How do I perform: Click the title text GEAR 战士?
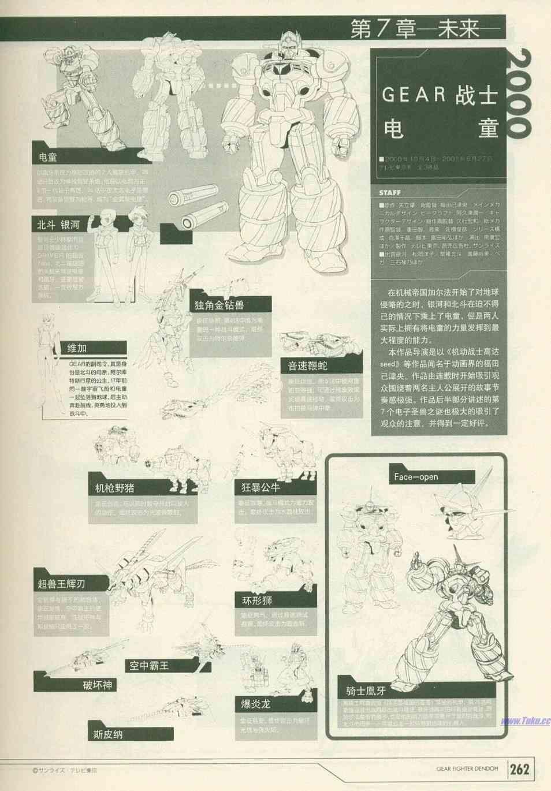(439, 94)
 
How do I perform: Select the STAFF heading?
(390, 192)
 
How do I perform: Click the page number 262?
(519, 769)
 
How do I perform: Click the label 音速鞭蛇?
(307, 366)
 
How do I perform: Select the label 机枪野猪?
(115, 488)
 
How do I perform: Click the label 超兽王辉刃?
(62, 584)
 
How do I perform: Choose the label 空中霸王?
(149, 665)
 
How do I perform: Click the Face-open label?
(416, 477)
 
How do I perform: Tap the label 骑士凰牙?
(362, 690)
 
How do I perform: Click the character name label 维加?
(77, 348)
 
